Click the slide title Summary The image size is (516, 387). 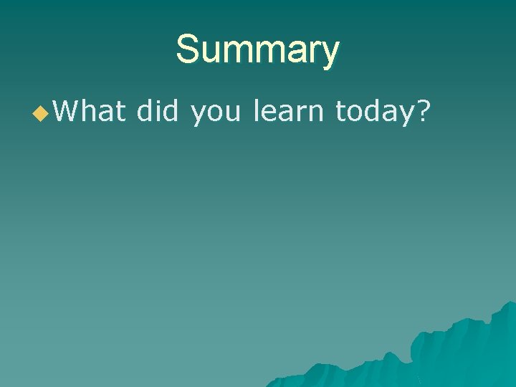click(x=257, y=50)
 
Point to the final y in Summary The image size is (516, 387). click(x=329, y=54)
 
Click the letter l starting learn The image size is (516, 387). click(x=257, y=112)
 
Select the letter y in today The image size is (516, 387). click(x=407, y=115)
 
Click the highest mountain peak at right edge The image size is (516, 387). click(x=510, y=303)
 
